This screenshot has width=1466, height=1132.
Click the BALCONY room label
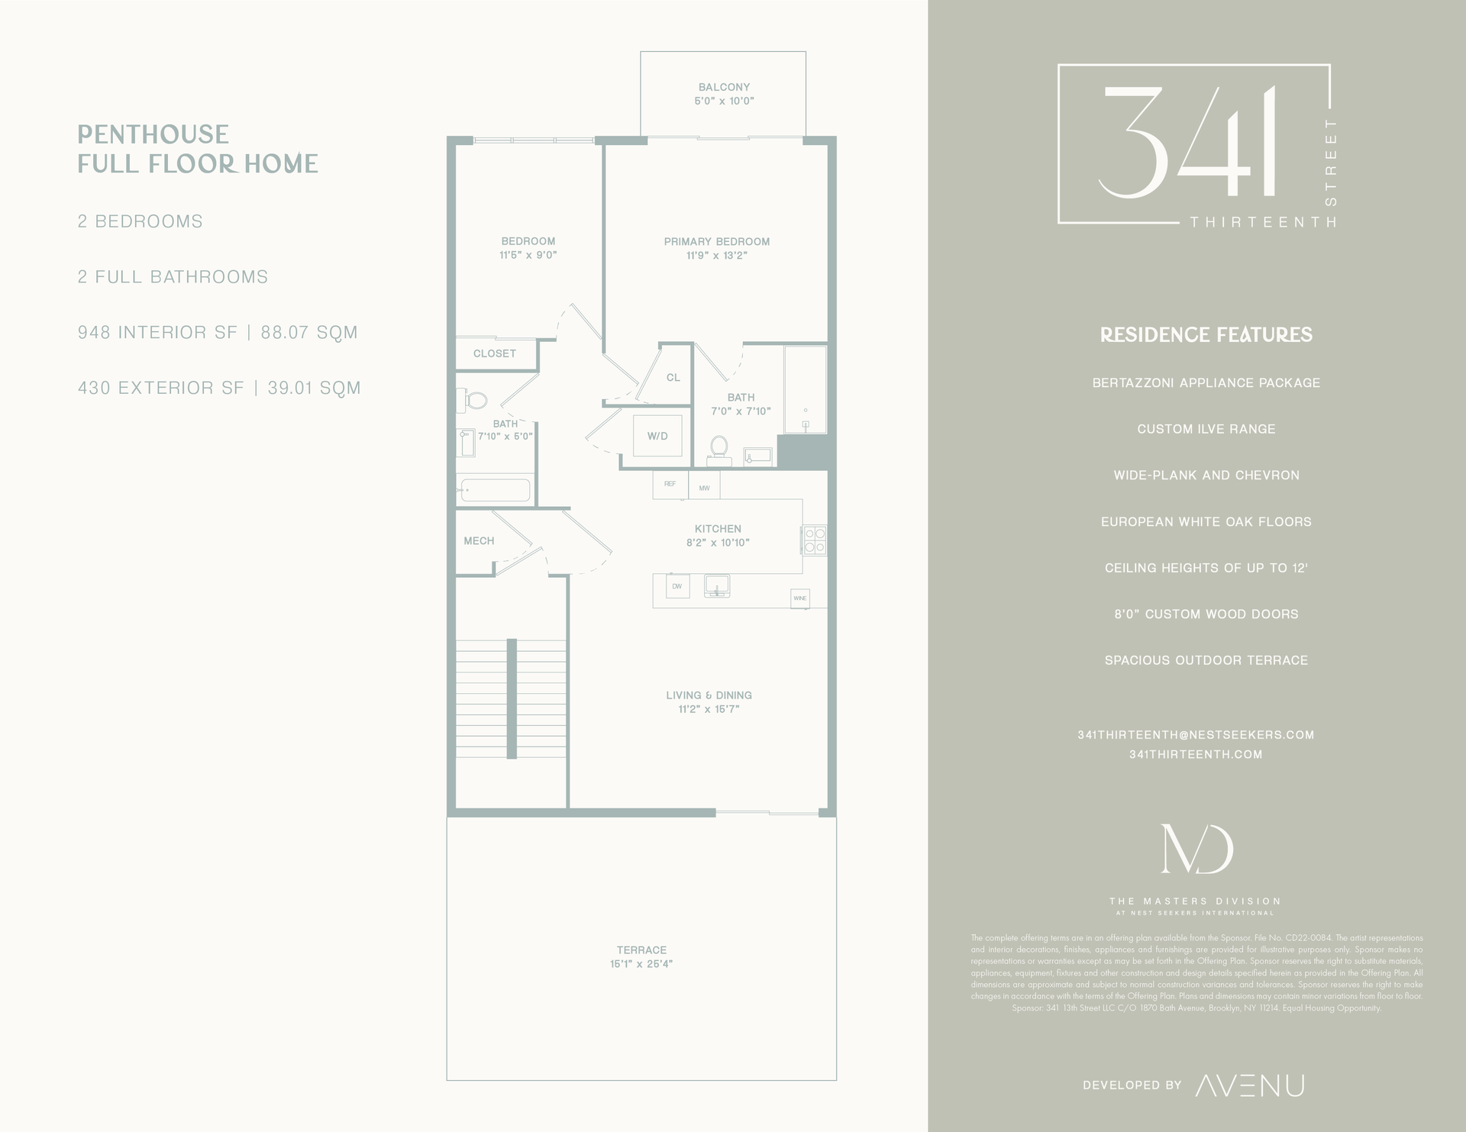click(x=724, y=87)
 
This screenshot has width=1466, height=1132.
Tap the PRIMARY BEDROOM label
click(x=716, y=242)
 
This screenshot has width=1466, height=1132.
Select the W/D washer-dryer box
click(x=657, y=436)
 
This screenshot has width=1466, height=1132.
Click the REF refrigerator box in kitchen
click(x=670, y=485)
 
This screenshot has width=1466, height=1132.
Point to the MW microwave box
click(x=704, y=487)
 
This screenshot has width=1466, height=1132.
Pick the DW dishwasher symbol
click(x=677, y=586)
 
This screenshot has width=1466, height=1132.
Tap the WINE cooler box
click(x=799, y=598)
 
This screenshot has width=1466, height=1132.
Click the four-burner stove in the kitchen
click(x=815, y=540)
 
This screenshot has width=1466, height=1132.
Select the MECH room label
click(x=479, y=541)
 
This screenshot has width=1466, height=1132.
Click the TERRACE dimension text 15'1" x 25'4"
click(x=641, y=964)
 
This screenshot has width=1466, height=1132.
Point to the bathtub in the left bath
click(x=495, y=490)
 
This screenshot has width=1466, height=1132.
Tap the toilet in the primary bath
click(x=718, y=448)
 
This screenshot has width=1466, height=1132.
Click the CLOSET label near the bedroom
click(x=495, y=353)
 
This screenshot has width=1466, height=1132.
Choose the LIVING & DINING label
click(x=709, y=695)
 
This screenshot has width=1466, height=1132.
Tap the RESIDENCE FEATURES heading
click(x=1206, y=335)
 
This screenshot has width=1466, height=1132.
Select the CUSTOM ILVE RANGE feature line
click(x=1206, y=429)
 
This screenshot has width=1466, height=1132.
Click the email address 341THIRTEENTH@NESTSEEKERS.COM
click(x=1196, y=735)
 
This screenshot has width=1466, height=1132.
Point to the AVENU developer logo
click(x=1249, y=1085)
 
